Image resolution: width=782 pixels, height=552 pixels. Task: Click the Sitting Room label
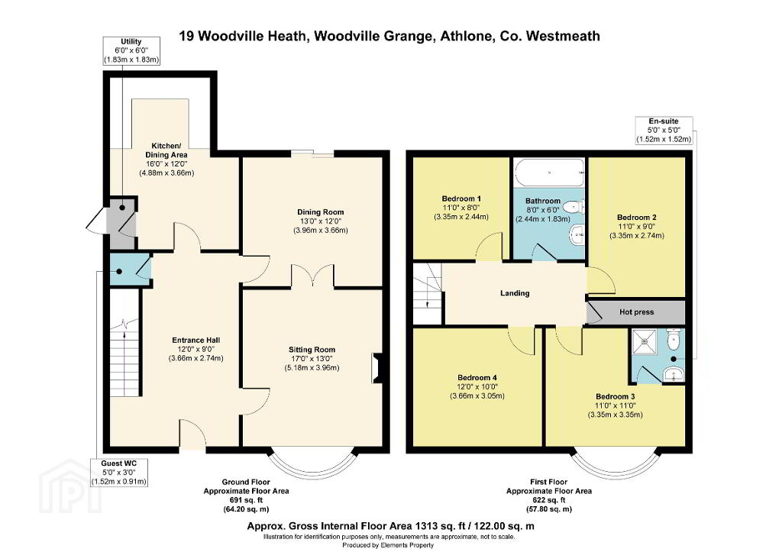[312, 350]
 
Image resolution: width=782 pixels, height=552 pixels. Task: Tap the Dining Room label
[321, 212]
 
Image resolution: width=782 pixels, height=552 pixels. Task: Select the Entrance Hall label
[196, 340]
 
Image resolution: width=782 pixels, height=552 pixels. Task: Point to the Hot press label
[636, 312]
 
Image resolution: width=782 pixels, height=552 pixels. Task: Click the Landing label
[515, 293]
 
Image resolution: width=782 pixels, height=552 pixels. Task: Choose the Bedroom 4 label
[477, 377]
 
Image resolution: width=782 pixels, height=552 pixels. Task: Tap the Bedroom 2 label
[636, 218]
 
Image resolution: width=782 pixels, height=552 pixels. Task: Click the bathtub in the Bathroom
[549, 173]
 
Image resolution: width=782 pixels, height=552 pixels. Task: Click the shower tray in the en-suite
[647, 344]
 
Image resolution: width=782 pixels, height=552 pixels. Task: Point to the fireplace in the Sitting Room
[376, 369]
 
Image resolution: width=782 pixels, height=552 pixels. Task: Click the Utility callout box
[131, 50]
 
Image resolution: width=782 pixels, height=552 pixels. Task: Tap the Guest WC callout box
[118, 473]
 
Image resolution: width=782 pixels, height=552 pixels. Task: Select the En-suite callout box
[664, 130]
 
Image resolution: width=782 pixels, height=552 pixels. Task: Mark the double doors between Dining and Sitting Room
[312, 276]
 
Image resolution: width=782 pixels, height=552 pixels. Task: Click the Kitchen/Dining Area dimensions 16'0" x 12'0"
[166, 163]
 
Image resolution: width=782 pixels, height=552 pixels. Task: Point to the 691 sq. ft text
[246, 500]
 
